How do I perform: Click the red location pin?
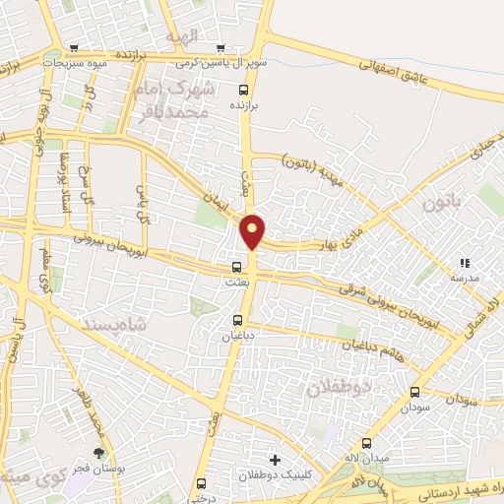253,230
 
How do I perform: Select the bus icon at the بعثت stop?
236,267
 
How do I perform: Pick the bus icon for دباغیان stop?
236,320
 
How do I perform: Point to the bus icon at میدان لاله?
367,444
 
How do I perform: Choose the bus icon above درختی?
202,483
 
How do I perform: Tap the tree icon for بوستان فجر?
96,452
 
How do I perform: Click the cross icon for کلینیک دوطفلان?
275,460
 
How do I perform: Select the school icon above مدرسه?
464,263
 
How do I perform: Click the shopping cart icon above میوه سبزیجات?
75,47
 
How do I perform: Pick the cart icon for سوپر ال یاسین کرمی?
221,47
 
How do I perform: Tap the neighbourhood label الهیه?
183,36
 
